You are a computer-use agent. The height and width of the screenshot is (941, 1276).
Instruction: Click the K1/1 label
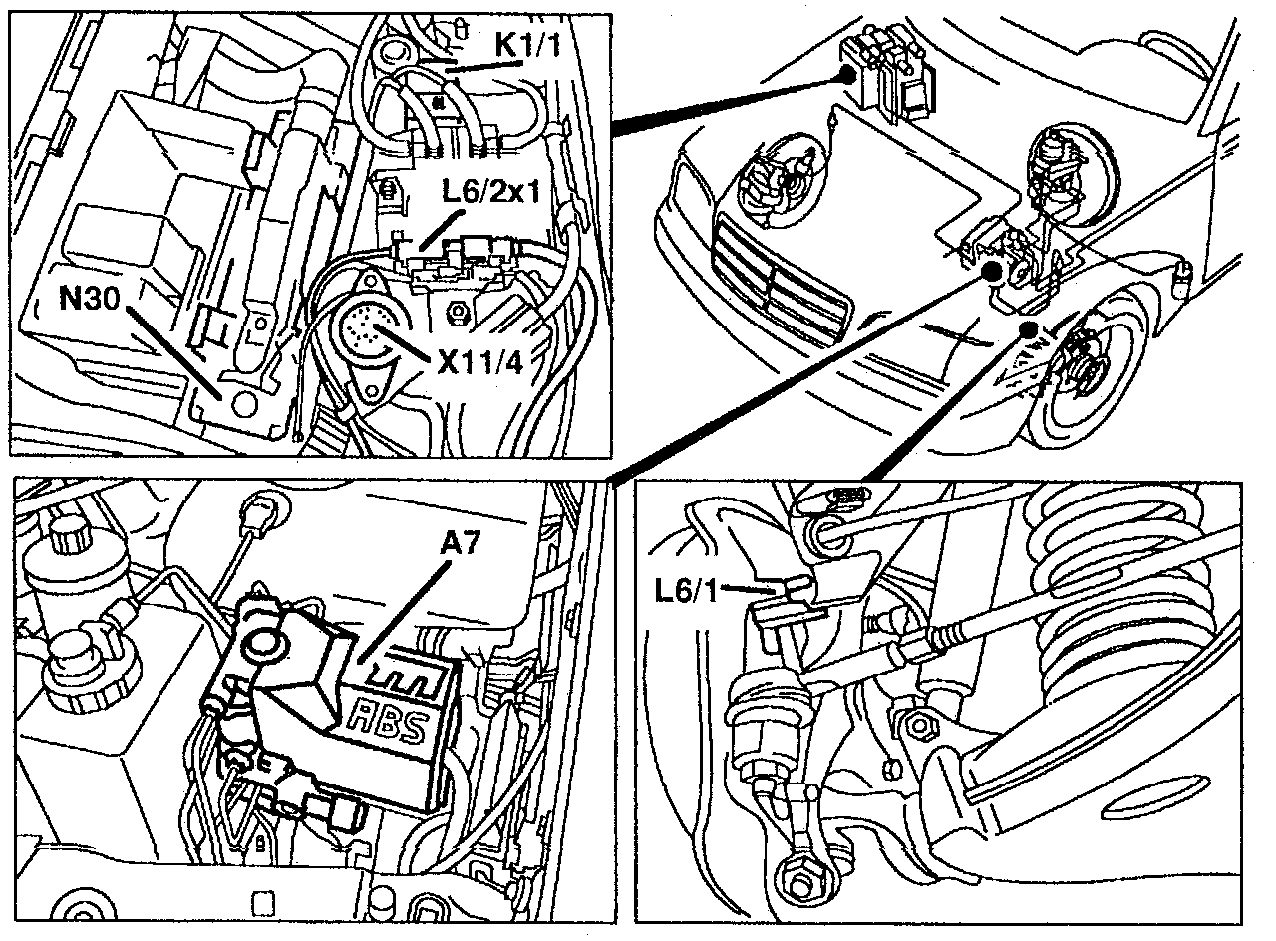pyautogui.click(x=528, y=45)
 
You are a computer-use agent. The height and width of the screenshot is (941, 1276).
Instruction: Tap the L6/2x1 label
pyautogui.click(x=491, y=192)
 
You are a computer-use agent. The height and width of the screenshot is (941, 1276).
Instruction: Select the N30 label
pyautogui.click(x=90, y=298)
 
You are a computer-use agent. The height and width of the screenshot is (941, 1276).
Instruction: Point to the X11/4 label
pyautogui.click(x=479, y=362)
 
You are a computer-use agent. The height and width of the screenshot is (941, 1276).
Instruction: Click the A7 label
pyautogui.click(x=461, y=544)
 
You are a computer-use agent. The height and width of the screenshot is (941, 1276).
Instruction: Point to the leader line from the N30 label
pyautogui.click(x=173, y=353)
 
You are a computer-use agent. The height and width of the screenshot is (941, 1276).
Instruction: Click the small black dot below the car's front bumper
pyautogui.click(x=1027, y=329)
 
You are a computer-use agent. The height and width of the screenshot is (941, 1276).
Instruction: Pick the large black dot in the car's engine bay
pyautogui.click(x=992, y=272)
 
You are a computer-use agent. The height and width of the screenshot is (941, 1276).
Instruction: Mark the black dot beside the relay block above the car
pyautogui.click(x=848, y=73)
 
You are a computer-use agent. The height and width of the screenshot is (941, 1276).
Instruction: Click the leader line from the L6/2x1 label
pyautogui.click(x=441, y=230)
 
